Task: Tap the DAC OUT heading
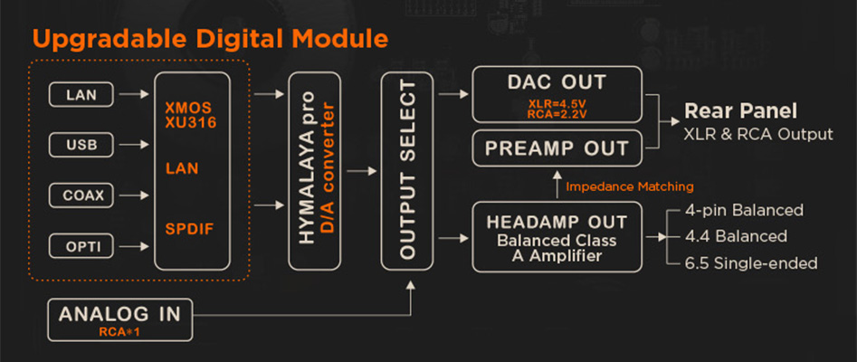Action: coord(557,82)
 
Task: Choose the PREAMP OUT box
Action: coord(557,148)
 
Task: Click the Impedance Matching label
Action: coord(629,186)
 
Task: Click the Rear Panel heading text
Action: coord(740,111)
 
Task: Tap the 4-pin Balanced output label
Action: coord(744,211)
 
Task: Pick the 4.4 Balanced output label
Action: coord(736,236)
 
